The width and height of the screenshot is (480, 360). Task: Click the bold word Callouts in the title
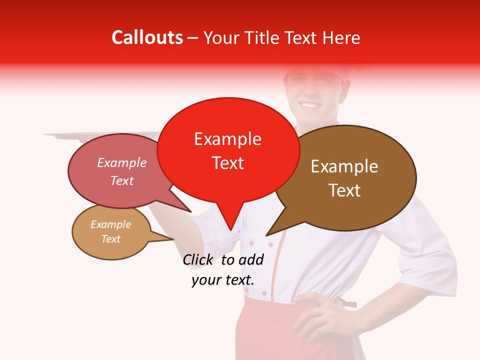coord(147,37)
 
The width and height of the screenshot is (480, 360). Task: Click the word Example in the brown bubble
coord(344,166)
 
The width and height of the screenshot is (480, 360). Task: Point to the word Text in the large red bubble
coord(228,163)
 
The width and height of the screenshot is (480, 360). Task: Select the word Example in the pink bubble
coord(121,162)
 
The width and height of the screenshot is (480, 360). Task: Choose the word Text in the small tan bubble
coord(111,239)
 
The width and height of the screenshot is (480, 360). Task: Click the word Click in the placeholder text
coord(198,259)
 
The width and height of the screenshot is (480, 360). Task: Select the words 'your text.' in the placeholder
coord(223,280)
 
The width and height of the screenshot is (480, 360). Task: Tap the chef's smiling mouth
coord(310,105)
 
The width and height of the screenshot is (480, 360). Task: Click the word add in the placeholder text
coord(250,259)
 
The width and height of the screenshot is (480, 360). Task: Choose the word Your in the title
coord(221,37)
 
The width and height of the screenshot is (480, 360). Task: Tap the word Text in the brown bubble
coord(344,190)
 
